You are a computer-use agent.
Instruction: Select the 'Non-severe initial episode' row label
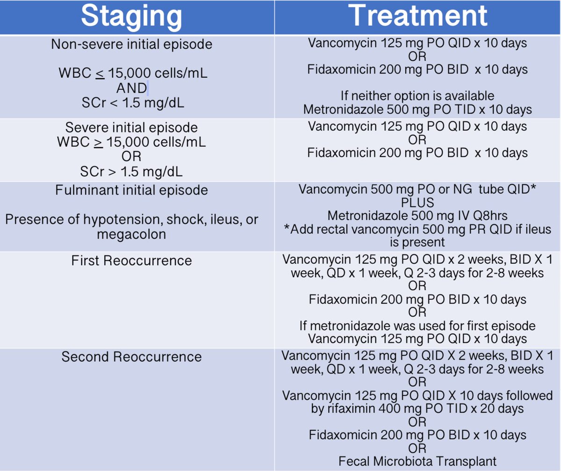(132, 44)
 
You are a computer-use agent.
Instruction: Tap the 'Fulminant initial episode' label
(132, 190)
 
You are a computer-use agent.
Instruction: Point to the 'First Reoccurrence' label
(132, 261)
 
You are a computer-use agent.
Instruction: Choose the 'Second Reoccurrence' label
(132, 357)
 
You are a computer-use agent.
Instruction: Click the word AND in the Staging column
(131, 88)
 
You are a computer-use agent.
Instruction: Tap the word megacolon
(131, 234)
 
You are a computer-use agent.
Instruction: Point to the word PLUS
(417, 203)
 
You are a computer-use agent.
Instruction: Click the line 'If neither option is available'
(417, 96)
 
